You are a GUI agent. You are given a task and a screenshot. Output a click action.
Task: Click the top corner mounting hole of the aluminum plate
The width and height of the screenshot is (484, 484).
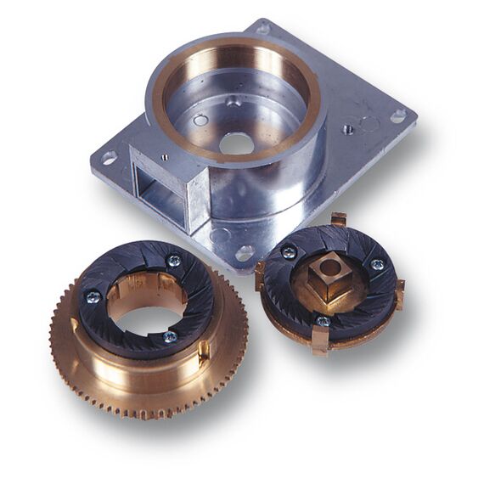[262, 28]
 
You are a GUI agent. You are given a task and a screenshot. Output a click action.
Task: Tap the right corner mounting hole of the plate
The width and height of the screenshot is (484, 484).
[397, 115]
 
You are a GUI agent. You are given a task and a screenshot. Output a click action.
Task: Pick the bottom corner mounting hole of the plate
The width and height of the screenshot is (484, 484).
[244, 252]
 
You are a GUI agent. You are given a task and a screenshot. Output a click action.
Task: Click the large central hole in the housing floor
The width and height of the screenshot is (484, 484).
[238, 143]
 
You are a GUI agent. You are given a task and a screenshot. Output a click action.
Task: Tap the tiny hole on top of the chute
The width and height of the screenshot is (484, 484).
[164, 156]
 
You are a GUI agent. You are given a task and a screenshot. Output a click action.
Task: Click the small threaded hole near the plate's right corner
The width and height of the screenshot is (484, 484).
[348, 130]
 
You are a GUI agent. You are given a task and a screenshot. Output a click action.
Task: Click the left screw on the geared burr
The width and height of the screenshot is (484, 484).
[93, 296]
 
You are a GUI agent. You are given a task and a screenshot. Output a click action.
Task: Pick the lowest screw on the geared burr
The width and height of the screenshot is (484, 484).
[170, 336]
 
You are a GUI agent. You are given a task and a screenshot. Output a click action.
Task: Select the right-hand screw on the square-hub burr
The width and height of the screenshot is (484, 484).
[377, 265]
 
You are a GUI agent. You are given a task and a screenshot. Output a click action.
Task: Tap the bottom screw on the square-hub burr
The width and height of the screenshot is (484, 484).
[323, 321]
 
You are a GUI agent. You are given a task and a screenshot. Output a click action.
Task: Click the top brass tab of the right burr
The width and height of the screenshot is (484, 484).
[338, 220]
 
